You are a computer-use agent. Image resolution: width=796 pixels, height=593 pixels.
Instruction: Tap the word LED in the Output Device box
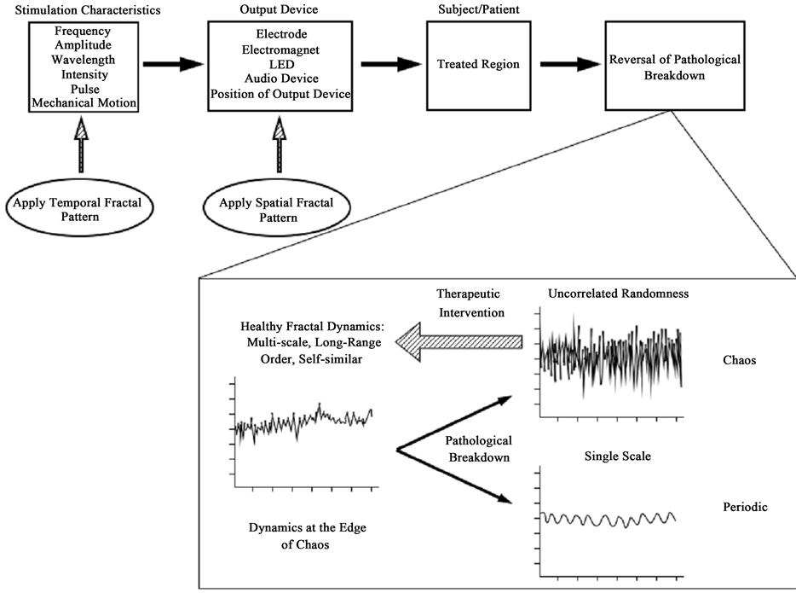[280, 64]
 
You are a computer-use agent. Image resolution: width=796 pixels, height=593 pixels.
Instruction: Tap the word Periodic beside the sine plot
[745, 507]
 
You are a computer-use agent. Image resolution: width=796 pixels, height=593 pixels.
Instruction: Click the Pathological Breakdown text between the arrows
[479, 449]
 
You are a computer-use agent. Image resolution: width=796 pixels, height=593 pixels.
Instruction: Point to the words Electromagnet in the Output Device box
[280, 49]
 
